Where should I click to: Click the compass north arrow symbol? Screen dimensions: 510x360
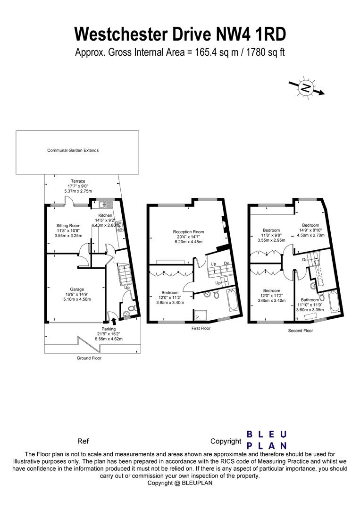[x=306, y=87]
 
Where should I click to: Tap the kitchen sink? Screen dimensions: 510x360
[x=103, y=204]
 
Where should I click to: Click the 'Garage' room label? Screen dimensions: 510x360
[x=77, y=289]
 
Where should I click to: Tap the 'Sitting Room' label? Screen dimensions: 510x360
[x=68, y=226]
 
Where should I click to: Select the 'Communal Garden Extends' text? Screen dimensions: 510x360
[x=73, y=151]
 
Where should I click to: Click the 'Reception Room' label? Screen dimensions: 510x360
[x=188, y=232]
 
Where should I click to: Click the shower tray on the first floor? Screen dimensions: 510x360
[x=200, y=315]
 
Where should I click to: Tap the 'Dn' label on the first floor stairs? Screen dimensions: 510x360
[x=226, y=263]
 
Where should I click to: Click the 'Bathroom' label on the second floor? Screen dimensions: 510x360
[x=310, y=299]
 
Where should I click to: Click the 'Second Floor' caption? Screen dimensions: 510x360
[x=301, y=331]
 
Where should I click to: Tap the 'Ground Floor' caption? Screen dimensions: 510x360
[x=89, y=358]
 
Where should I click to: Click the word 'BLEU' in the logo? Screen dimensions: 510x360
[x=267, y=434]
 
